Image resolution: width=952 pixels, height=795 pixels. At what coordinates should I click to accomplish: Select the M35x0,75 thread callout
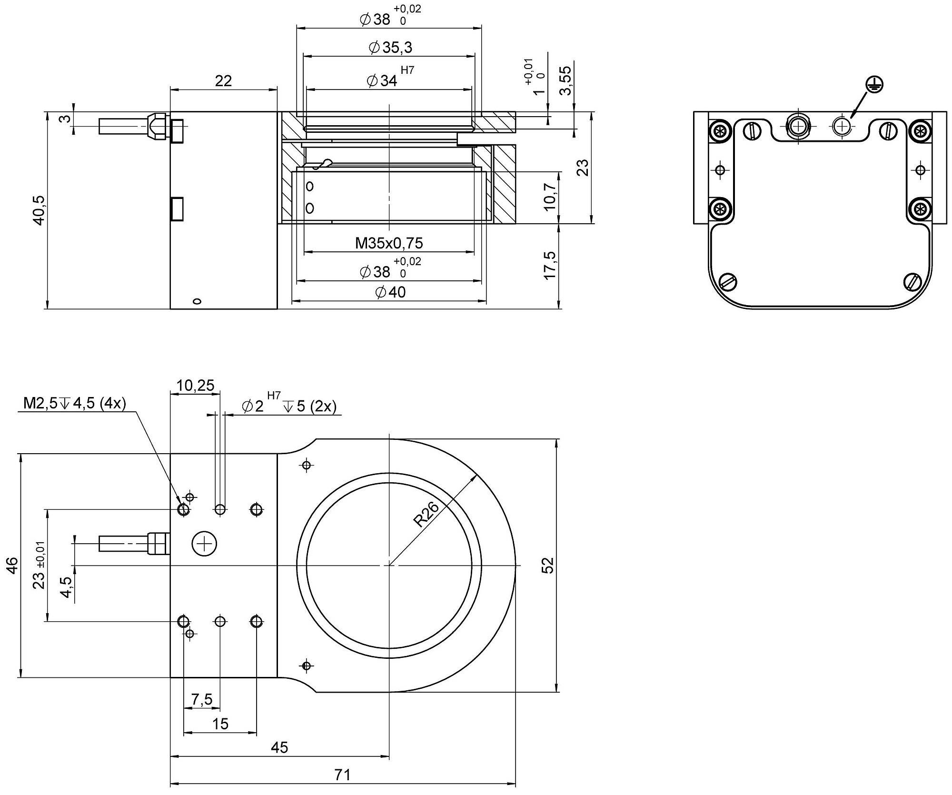pyautogui.click(x=389, y=243)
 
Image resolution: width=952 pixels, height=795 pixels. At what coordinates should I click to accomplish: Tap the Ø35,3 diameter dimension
pyautogui.click(x=390, y=47)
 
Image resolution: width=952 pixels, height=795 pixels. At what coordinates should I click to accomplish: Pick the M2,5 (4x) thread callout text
pyautogui.click(x=75, y=404)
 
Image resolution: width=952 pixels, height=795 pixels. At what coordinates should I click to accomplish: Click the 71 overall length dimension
pyautogui.click(x=342, y=775)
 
